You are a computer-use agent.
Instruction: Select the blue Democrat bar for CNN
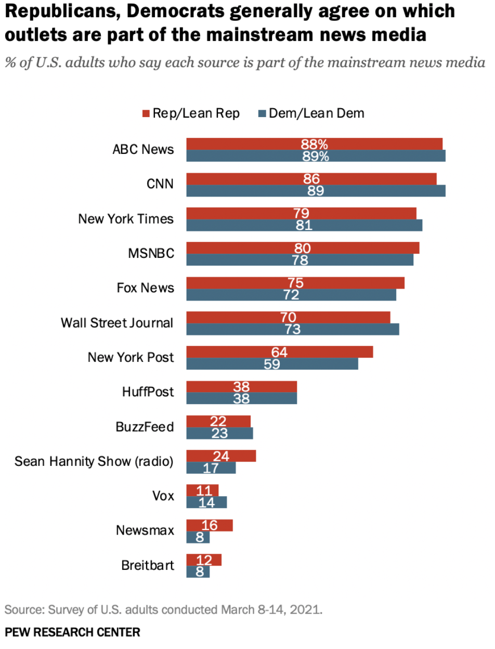pyautogui.click(x=316, y=191)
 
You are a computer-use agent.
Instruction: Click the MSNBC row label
pyautogui.click(x=151, y=254)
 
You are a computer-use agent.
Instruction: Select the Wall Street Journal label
pyautogui.click(x=117, y=323)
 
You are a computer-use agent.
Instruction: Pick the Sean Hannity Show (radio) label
pyautogui.click(x=94, y=461)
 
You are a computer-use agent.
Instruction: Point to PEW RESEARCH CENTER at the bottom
pyautogui.click(x=72, y=632)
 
